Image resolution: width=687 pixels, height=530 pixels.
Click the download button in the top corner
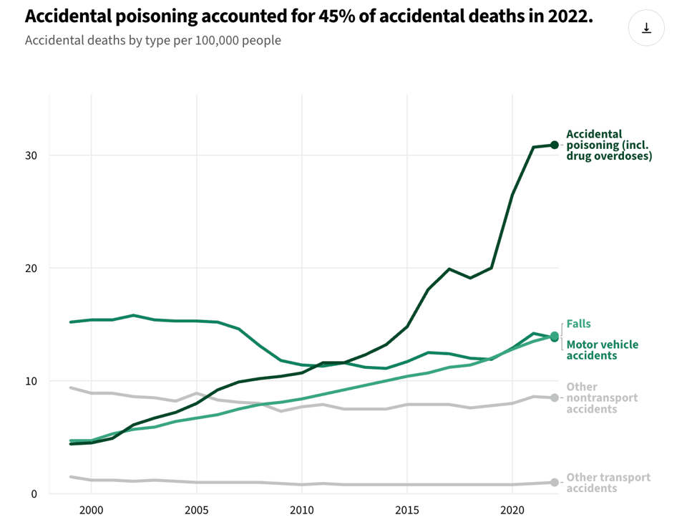(x=646, y=28)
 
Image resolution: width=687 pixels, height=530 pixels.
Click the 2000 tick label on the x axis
(x=91, y=511)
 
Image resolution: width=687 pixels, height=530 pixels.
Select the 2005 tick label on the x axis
(x=196, y=511)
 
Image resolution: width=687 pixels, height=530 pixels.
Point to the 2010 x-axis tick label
(x=302, y=511)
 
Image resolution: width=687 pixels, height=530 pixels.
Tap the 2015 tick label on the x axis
(x=407, y=511)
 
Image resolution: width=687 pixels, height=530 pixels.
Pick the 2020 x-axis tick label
(x=512, y=511)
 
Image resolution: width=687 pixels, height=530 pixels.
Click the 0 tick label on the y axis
(x=34, y=493)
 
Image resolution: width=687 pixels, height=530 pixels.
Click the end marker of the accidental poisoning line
(x=555, y=145)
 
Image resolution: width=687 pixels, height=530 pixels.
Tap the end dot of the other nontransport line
(x=555, y=397)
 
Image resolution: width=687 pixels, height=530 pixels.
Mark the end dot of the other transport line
(x=555, y=482)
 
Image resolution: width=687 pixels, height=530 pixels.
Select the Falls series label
(x=579, y=324)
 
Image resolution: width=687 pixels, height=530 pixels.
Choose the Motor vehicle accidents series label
(x=602, y=350)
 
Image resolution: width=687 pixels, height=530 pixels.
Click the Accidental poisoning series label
(x=608, y=145)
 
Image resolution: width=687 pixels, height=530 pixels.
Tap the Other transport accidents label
(x=608, y=482)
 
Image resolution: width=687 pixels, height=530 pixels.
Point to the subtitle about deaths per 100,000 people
(x=152, y=40)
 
